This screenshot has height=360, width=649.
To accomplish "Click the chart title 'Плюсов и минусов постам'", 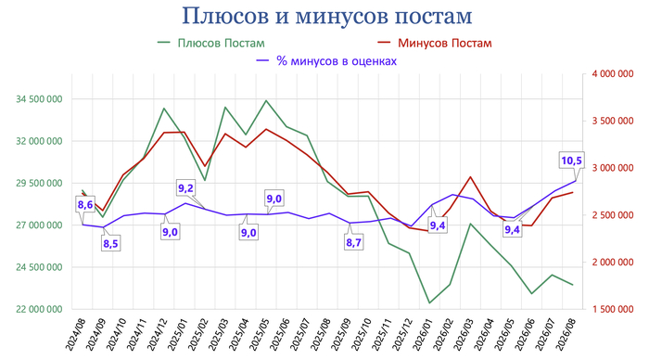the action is [x=327, y=16].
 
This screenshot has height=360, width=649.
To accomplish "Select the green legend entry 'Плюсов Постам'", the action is [x=211, y=43].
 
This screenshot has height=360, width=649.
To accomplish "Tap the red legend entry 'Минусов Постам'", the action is [x=435, y=43].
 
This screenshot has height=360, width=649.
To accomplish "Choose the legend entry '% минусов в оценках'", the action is [x=326, y=61].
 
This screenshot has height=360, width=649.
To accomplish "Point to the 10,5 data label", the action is [x=572, y=161].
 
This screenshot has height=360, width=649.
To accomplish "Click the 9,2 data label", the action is [x=185, y=188].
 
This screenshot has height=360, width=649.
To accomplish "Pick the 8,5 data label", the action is [x=110, y=244].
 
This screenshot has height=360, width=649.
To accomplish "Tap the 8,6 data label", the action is [x=85, y=204].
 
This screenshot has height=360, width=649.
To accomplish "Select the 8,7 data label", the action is [x=353, y=242].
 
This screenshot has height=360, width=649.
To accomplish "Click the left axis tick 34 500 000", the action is [x=39, y=99].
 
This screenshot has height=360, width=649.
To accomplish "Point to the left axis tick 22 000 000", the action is [x=39, y=309].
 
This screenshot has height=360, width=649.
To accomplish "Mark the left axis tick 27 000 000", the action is [x=39, y=225].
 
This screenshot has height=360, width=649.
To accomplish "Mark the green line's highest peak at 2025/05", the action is [x=266, y=100].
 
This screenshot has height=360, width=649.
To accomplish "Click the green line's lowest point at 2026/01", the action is [x=429, y=302].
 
